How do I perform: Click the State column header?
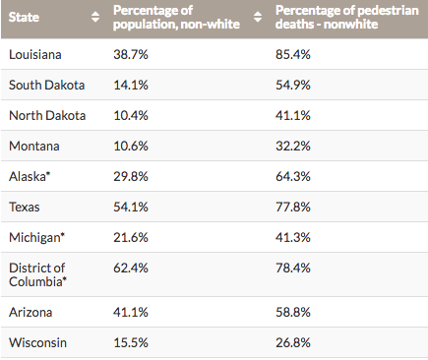[x=24, y=17]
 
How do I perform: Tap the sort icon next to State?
[x=95, y=17]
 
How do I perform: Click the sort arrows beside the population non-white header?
[x=258, y=17]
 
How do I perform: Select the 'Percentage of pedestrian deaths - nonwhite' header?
[x=347, y=17]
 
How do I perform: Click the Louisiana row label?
[x=35, y=54]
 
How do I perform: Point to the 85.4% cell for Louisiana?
[x=293, y=54]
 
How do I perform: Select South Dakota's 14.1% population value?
[x=131, y=85]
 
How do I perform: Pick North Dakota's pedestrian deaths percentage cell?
[x=293, y=115]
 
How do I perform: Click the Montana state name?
[x=34, y=146]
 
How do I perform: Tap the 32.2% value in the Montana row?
[x=293, y=146]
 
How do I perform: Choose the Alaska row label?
[x=30, y=176]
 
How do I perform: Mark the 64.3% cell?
[x=293, y=176]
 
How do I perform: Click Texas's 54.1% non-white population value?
[x=131, y=207]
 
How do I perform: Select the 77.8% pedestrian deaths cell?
[x=293, y=207]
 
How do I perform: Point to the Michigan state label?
[x=37, y=238]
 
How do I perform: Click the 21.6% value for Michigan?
[x=131, y=237]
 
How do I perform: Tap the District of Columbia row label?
[x=37, y=274]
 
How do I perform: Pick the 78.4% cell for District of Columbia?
[x=293, y=268]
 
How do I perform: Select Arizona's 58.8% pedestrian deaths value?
[x=293, y=312]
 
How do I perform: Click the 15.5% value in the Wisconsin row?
[x=131, y=342]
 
